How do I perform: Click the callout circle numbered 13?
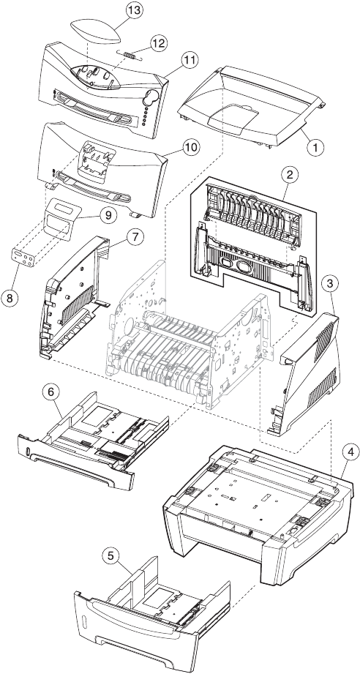click(x=135, y=11)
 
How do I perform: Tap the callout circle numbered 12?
click(x=159, y=43)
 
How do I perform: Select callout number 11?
click(x=190, y=60)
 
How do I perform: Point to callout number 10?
click(x=191, y=148)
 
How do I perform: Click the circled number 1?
click(x=315, y=147)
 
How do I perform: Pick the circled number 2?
click(x=290, y=174)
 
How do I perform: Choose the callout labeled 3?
click(x=329, y=284)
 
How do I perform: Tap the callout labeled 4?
click(x=351, y=452)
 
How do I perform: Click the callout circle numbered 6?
click(x=51, y=392)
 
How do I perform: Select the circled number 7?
click(x=135, y=236)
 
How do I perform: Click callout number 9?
click(x=108, y=215)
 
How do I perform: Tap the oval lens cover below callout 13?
click(x=96, y=30)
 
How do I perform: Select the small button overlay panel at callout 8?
click(x=24, y=258)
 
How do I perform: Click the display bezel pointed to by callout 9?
click(x=63, y=217)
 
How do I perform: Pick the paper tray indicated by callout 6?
click(x=93, y=443)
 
